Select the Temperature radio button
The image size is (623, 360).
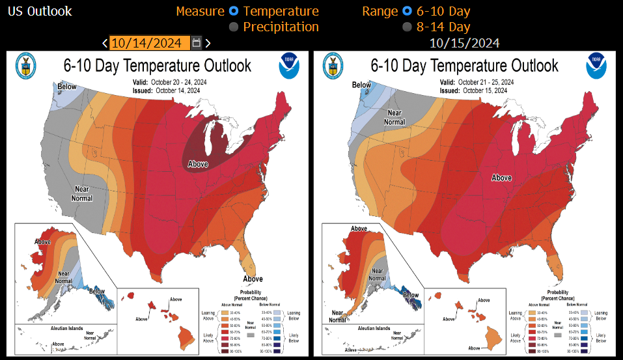click(233, 11)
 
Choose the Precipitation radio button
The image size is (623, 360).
click(233, 27)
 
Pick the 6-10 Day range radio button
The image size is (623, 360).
click(407, 11)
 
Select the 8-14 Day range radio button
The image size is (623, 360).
click(407, 27)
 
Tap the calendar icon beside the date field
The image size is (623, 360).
click(197, 43)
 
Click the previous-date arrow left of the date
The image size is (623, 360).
click(105, 43)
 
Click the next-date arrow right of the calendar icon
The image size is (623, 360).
click(208, 43)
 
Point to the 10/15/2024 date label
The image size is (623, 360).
click(464, 43)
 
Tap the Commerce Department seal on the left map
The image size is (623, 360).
click(25, 65)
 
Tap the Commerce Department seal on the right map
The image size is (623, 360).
click(332, 65)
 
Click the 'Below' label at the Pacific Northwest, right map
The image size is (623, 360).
click(361, 85)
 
